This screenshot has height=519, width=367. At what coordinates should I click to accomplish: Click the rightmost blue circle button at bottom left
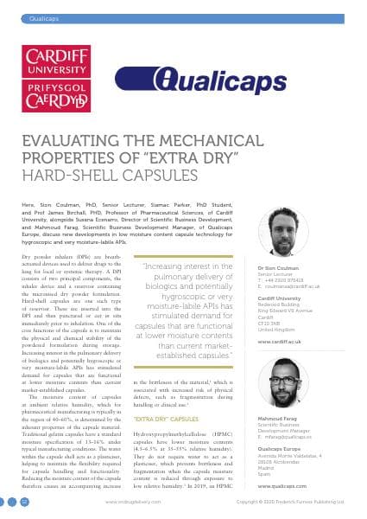pos(25,502)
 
